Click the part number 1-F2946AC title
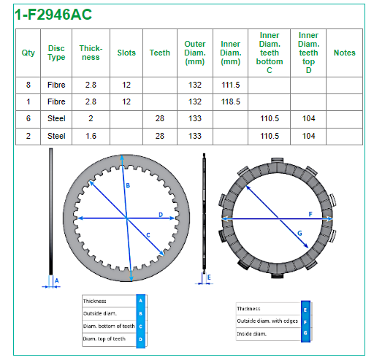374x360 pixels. click(53, 15)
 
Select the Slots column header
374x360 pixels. click(126, 53)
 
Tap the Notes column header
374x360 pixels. click(344, 53)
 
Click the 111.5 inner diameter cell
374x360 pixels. click(231, 85)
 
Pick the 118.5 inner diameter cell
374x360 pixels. click(231, 102)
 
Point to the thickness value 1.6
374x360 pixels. click(91, 136)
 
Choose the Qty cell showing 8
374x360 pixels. click(28, 85)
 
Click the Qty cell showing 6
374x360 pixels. click(28, 118)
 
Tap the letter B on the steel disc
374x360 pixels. click(128, 185)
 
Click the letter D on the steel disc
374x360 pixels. click(161, 215)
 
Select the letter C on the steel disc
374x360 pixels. click(148, 235)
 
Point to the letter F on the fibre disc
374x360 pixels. click(310, 214)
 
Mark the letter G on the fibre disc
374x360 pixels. click(299, 233)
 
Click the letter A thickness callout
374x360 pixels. click(57, 281)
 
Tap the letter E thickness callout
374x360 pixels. click(209, 277)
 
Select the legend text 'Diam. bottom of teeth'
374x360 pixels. click(109, 326)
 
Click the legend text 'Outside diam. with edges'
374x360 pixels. click(267, 321)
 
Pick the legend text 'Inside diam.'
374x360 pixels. click(251, 334)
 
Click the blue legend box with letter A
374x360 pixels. click(140, 301)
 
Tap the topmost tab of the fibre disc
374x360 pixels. click(277, 160)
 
